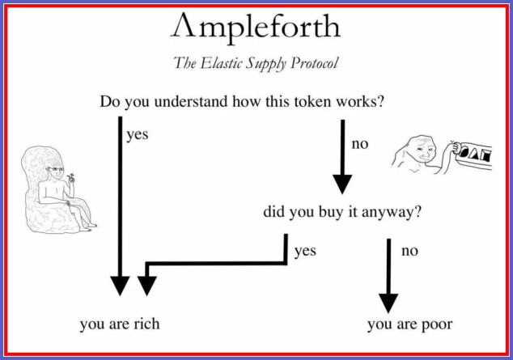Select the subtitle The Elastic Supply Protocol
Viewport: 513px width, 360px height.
point(256,63)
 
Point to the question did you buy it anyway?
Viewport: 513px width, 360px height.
point(342,212)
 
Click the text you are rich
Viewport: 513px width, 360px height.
point(120,324)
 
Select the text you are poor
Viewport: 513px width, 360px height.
point(410,324)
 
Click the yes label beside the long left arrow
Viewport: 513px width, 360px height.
point(138,135)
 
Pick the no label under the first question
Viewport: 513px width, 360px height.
point(360,144)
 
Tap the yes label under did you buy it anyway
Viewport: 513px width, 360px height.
point(305,251)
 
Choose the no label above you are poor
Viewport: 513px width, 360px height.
point(409,251)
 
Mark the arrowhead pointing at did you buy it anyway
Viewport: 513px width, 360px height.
point(342,184)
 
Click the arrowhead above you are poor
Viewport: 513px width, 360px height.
point(388,303)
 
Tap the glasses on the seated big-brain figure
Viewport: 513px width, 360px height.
point(56,169)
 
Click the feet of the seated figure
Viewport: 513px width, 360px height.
point(87,227)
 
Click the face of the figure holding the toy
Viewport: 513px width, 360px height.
point(423,150)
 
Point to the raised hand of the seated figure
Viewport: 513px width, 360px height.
point(70,178)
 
